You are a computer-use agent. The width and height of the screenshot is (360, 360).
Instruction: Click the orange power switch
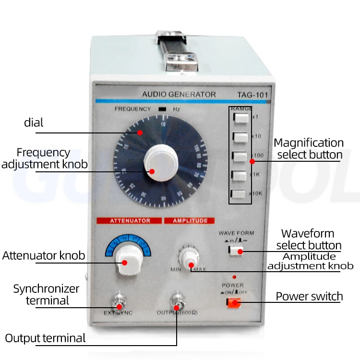coord(234,302)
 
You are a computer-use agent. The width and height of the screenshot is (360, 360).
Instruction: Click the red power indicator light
coord(234,277)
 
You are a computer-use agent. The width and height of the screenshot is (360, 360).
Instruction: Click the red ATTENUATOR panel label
coord(130,221)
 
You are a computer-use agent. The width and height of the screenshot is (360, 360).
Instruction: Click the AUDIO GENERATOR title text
coord(179,95)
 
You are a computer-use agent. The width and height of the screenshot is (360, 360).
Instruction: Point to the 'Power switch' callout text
coord(309,296)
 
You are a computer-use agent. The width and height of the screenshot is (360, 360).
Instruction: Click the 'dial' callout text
coord(34,122)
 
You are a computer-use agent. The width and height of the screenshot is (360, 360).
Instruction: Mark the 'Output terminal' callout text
coord(45,338)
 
